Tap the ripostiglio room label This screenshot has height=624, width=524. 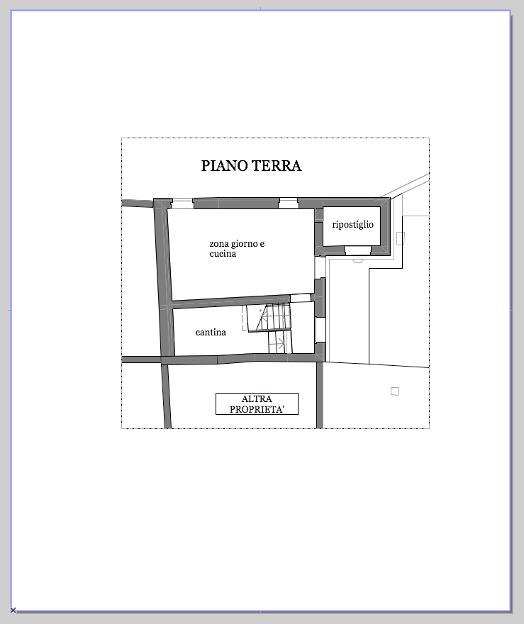pyautogui.click(x=353, y=225)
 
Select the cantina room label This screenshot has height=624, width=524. pyautogui.click(x=211, y=333)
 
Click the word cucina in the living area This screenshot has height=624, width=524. pyautogui.click(x=223, y=254)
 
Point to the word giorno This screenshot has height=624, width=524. pyautogui.click(x=245, y=244)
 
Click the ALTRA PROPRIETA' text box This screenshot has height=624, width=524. pyautogui.click(x=257, y=404)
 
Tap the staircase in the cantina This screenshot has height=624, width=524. pyautogui.click(x=269, y=328)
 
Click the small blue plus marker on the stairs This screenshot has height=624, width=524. pyautogui.click(x=261, y=310)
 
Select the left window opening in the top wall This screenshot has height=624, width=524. pyautogui.click(x=182, y=204)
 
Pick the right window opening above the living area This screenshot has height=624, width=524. pyautogui.click(x=288, y=204)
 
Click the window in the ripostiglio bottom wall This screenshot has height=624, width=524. pyautogui.click(x=357, y=250)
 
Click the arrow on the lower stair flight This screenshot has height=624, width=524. pyautogui.click(x=281, y=343)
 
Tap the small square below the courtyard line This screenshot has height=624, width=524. pyautogui.click(x=395, y=391)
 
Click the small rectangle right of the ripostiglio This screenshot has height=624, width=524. pyautogui.click(x=400, y=238)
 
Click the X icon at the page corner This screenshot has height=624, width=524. pyautogui.click(x=13, y=610)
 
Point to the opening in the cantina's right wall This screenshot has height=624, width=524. pyautogui.click(x=320, y=330)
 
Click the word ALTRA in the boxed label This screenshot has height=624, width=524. pyautogui.click(x=257, y=399)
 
